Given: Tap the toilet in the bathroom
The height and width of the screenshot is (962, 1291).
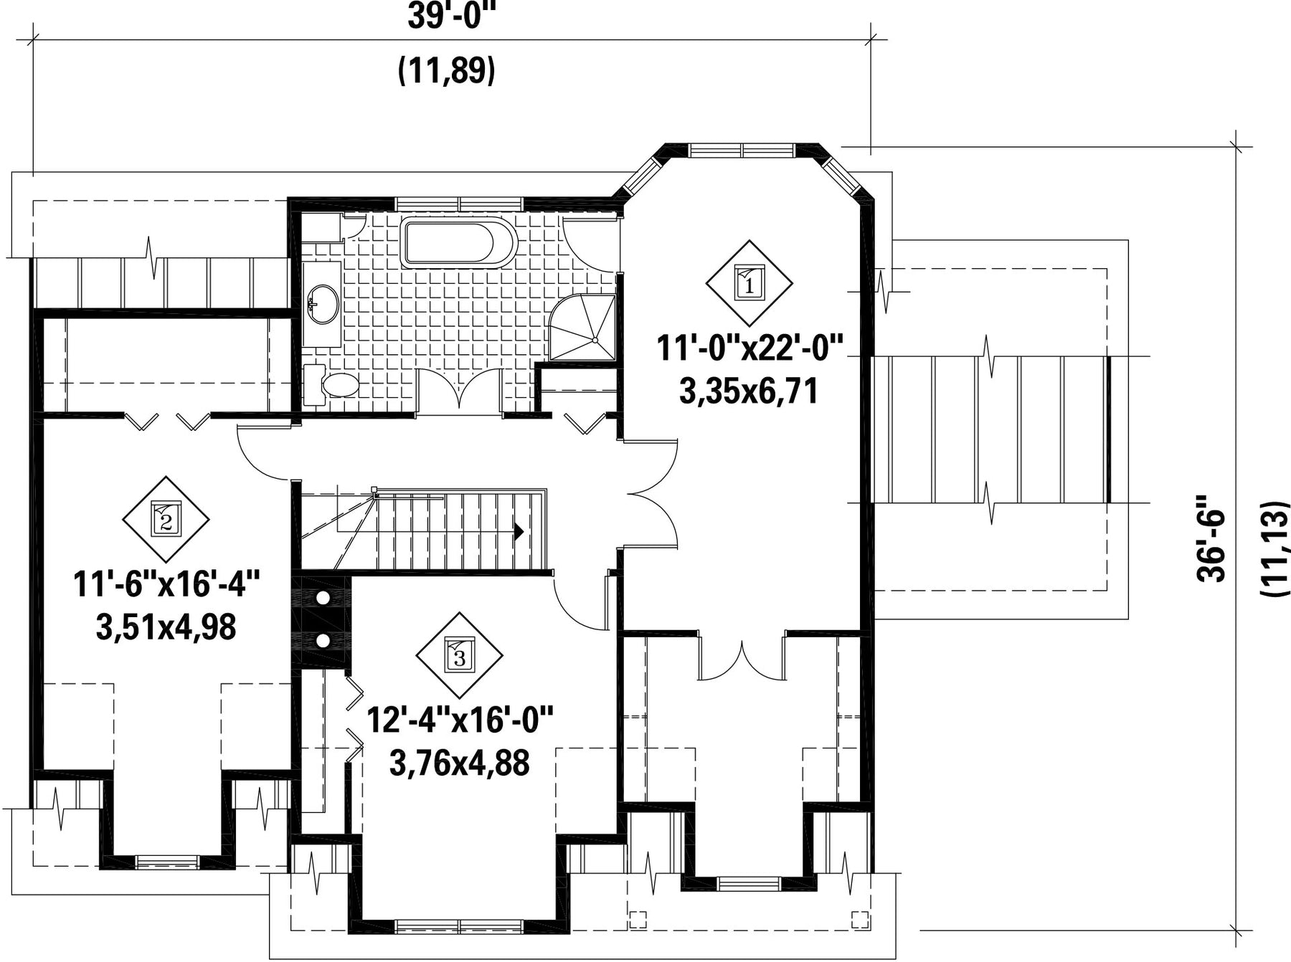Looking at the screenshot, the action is pyautogui.click(x=331, y=385).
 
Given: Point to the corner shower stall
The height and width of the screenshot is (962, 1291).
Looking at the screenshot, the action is pyautogui.click(x=582, y=327).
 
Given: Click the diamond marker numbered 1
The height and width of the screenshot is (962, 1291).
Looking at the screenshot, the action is pyautogui.click(x=749, y=283).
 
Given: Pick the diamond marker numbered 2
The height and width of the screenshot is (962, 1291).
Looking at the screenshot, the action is pyautogui.click(x=166, y=519).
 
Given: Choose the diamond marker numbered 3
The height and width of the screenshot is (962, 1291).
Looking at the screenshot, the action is pyautogui.click(x=459, y=654).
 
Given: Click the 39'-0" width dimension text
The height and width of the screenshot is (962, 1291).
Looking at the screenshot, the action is pyautogui.click(x=447, y=16).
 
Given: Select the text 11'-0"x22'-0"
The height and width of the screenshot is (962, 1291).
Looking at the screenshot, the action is pyautogui.click(x=749, y=351).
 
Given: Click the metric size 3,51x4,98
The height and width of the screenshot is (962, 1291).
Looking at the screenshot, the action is pyautogui.click(x=166, y=628).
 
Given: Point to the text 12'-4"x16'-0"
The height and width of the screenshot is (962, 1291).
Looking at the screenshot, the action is pyautogui.click(x=460, y=720).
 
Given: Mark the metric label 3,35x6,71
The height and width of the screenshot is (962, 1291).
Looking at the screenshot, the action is pyautogui.click(x=749, y=391).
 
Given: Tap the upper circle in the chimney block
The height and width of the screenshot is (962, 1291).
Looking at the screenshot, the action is pyautogui.click(x=323, y=597).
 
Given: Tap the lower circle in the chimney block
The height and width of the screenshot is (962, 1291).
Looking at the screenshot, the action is pyautogui.click(x=323, y=640).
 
